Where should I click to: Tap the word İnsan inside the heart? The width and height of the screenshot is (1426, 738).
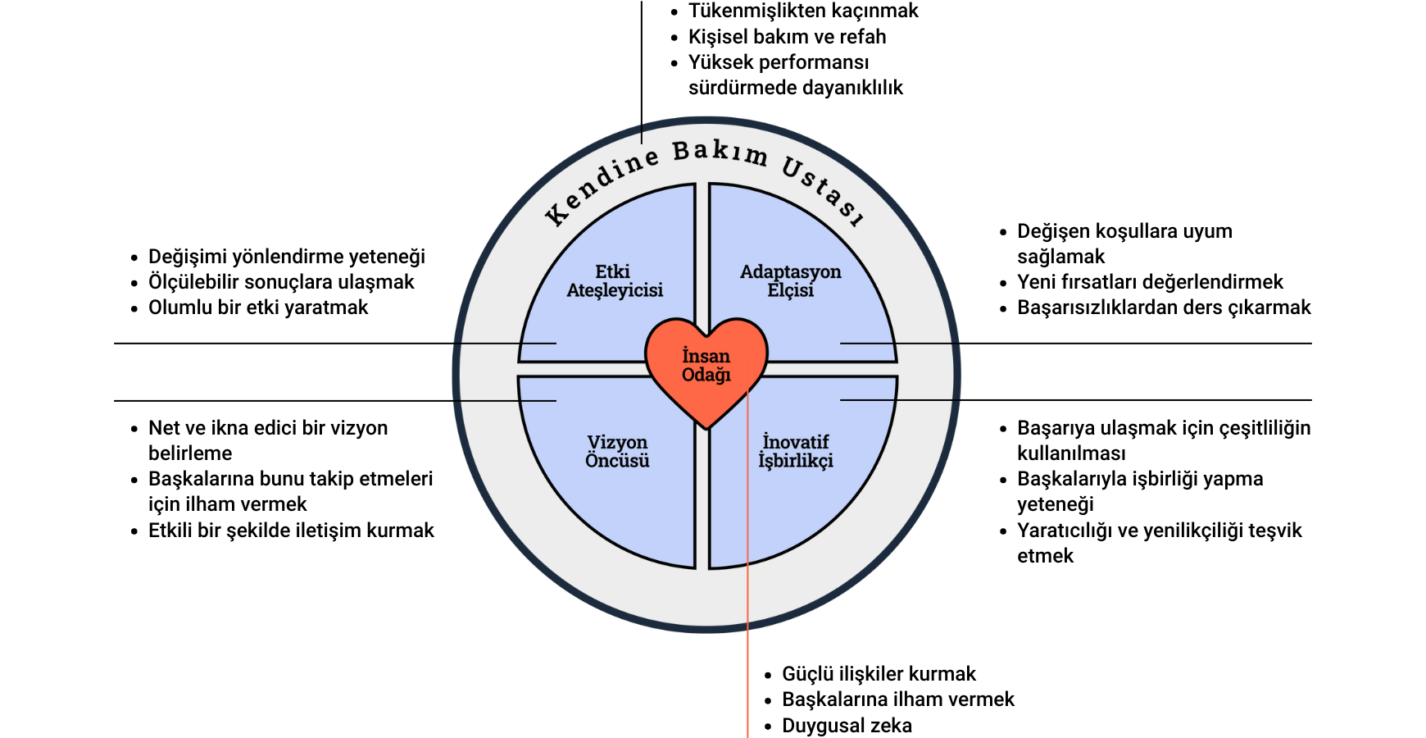click(706, 356)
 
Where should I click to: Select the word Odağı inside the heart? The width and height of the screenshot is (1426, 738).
click(706, 375)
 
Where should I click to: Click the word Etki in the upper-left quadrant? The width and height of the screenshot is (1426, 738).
click(613, 271)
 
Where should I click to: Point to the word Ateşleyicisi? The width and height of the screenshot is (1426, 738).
click(615, 290)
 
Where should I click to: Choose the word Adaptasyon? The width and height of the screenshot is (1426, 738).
click(790, 271)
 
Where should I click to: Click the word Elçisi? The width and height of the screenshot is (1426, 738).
click(790, 290)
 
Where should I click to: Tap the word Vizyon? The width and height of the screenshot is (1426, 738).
click(617, 442)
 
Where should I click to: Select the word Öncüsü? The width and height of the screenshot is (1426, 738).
click(617, 460)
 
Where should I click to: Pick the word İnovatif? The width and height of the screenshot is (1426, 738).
click(795, 442)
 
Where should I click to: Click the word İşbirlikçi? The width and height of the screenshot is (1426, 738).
click(795, 461)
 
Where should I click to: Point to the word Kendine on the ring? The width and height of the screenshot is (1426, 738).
click(602, 185)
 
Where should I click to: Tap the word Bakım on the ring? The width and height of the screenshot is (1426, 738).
click(720, 153)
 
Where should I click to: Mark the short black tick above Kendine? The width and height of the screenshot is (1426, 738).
click(642, 133)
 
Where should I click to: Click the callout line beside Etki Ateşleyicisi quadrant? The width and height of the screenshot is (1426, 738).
click(504, 343)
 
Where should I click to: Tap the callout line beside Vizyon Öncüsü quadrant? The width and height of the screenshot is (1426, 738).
click(504, 400)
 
